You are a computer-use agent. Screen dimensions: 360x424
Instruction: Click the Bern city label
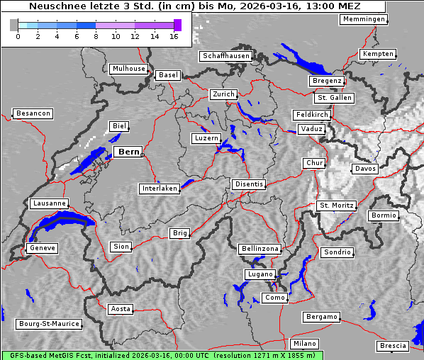pyautogui.click(x=128, y=152)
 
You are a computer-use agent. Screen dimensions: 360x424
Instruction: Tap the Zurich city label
pyautogui.click(x=223, y=94)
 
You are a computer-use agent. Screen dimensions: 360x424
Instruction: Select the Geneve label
pyautogui.click(x=42, y=248)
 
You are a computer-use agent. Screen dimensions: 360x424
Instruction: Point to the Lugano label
pyautogui.click(x=259, y=274)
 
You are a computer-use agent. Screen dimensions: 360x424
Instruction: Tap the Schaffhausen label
pyautogui.click(x=225, y=56)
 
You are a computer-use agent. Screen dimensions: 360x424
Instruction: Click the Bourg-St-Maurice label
pyautogui.click(x=48, y=324)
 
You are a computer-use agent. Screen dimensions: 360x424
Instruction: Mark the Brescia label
pyautogui.click(x=393, y=345)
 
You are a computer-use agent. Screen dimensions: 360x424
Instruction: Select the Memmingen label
pyautogui.click(x=364, y=19)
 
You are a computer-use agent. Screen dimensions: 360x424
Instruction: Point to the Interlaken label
pyautogui.click(x=160, y=189)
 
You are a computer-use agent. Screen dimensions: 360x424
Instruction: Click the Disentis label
pyautogui.click(x=249, y=184)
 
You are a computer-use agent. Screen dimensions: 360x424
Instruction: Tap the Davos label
pyautogui.click(x=365, y=169)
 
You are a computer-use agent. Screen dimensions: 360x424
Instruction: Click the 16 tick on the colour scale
pyautogui.click(x=174, y=35)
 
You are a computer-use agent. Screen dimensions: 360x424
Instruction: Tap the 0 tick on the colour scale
pyautogui.click(x=17, y=35)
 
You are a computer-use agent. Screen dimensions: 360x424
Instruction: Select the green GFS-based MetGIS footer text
pyautogui.click(x=162, y=355)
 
